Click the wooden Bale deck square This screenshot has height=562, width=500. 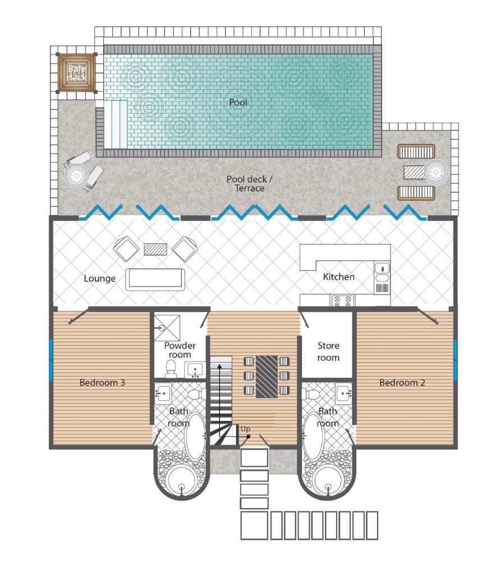point(77,72)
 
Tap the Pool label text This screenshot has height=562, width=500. point(238,103)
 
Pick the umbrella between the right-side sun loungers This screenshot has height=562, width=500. point(435,171)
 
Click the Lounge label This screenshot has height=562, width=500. point(100,278)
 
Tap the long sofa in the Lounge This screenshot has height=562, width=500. point(155,279)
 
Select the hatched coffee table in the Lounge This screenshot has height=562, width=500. point(155,249)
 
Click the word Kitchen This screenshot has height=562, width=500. point(338,277)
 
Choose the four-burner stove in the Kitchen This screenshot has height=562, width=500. point(342,301)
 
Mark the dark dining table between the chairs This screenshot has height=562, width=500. point(267,377)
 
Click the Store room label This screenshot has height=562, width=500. point(328,351)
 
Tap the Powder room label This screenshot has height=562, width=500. point(180,350)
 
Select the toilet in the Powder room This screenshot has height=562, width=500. point(171,369)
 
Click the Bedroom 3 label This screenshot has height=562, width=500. point(102,383)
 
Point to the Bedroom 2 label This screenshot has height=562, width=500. point(402,383)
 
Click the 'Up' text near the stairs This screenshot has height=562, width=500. point(245,429)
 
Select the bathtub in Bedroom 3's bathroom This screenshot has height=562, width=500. point(195,436)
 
